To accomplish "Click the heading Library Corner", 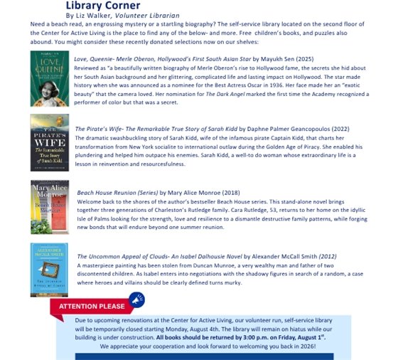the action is (107, 6).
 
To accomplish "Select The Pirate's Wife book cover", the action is (49, 142).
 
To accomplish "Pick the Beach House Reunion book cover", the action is (49, 207).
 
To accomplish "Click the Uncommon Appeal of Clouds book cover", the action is (49, 270).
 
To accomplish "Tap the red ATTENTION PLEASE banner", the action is (90, 307).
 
